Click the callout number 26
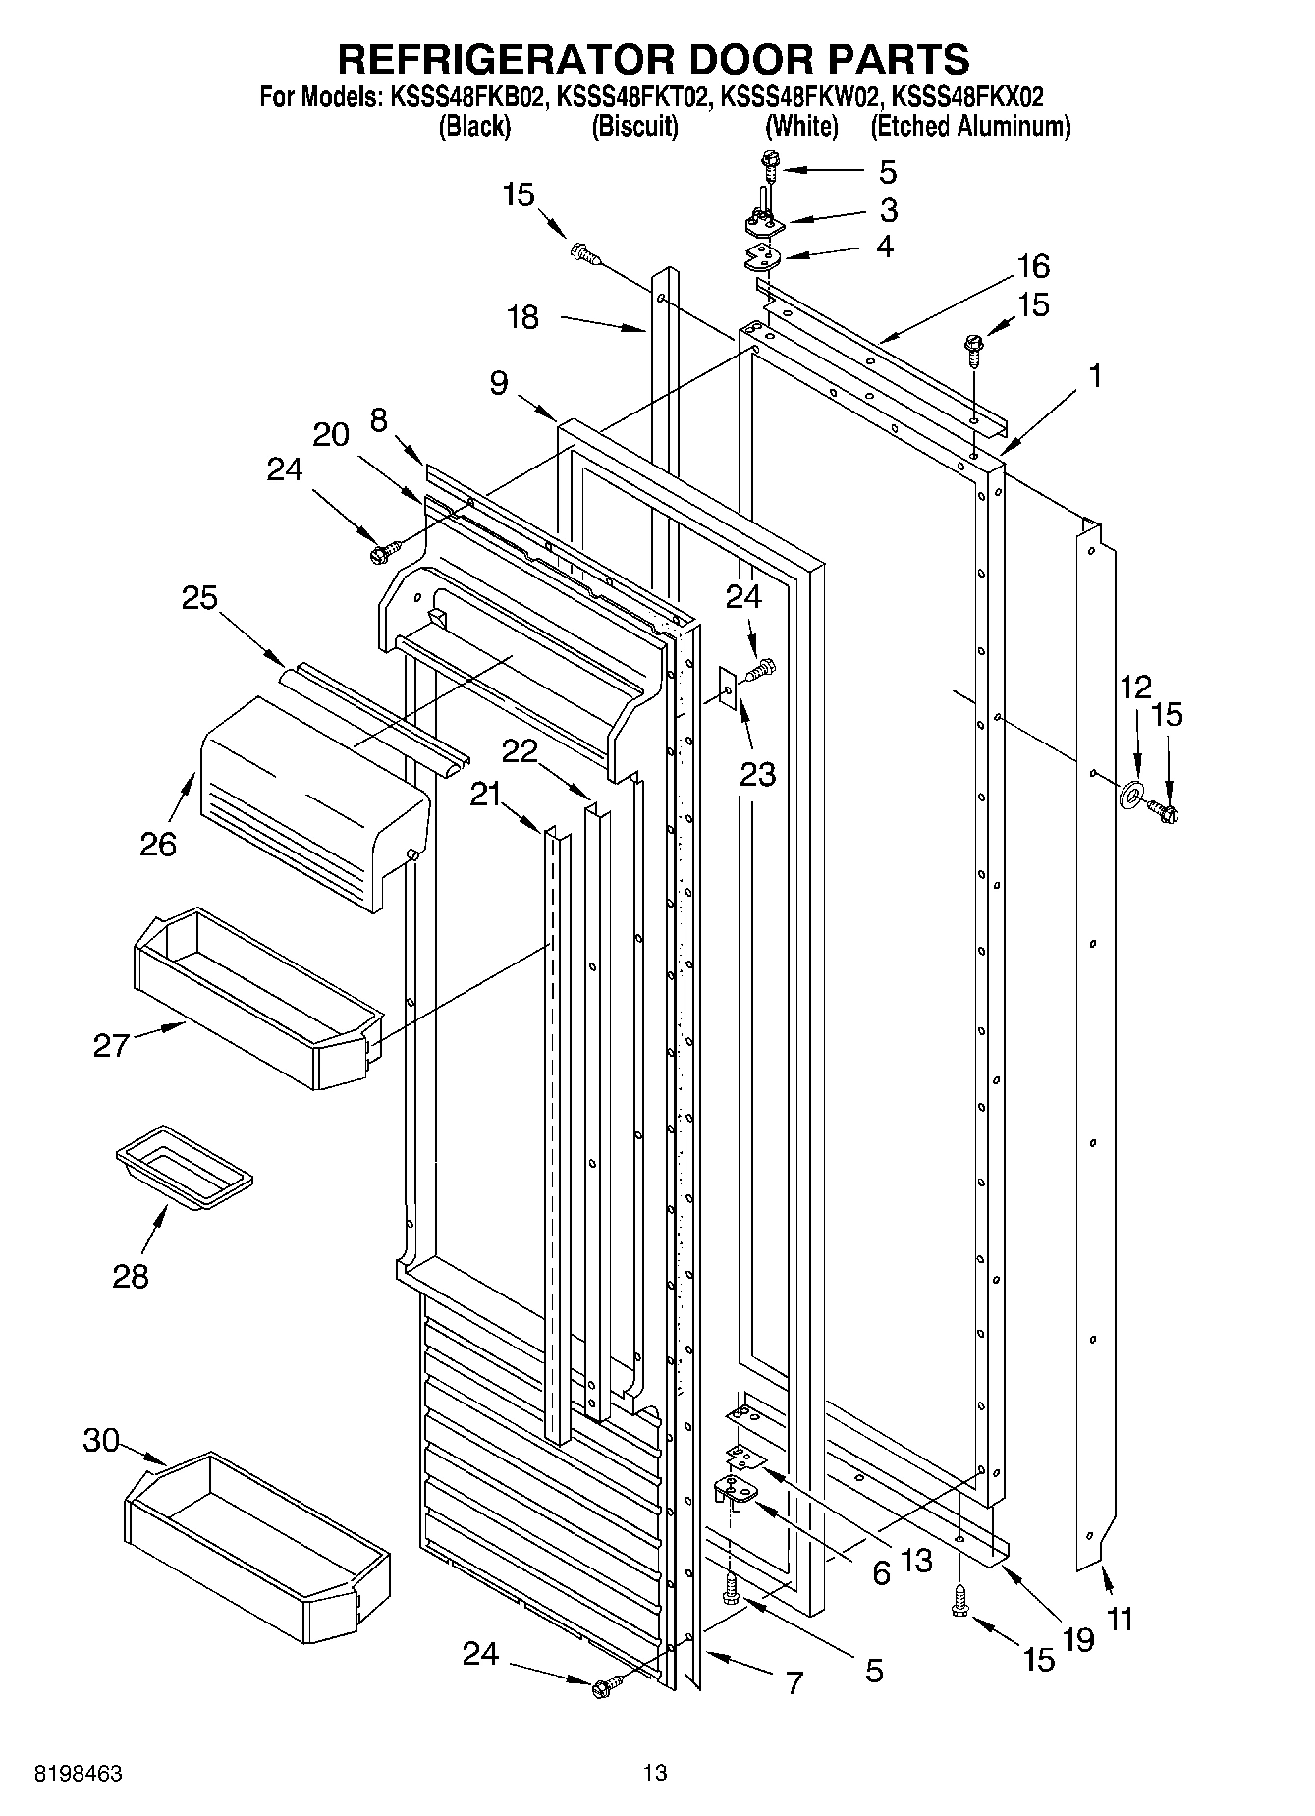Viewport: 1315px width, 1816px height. coord(157,844)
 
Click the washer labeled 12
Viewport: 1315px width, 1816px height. coord(1130,793)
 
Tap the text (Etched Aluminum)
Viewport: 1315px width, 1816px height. coord(969,126)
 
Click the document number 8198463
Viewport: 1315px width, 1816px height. coord(79,1773)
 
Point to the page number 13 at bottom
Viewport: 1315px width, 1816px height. coord(654,1773)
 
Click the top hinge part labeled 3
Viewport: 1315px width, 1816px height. coord(765,225)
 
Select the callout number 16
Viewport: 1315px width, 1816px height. coord(1033,266)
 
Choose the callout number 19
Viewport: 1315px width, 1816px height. coord(1077,1638)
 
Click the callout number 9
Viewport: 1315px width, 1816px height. coord(499,383)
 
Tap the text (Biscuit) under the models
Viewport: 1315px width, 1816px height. coord(634,126)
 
